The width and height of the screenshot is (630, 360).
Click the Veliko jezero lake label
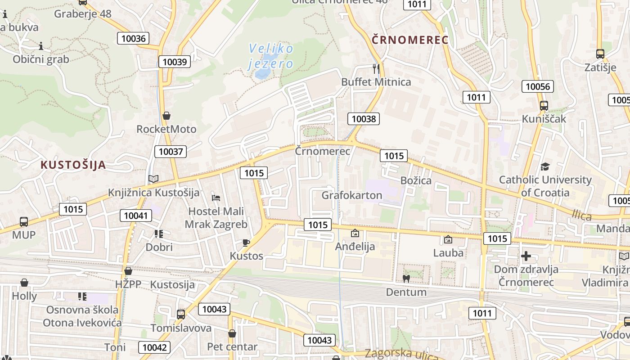tap(271, 55)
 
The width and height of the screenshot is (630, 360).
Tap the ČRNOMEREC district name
tap(410, 40)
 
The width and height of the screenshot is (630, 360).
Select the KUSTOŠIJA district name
tap(73, 164)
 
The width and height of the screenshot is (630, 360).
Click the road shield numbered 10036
tap(134, 38)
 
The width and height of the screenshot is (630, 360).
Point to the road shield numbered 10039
tap(175, 62)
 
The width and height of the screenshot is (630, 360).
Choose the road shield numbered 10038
tap(364, 119)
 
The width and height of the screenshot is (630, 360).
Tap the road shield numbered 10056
tap(538, 86)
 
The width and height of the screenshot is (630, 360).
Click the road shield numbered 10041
tap(135, 216)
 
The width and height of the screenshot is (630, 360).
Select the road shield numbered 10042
tap(154, 347)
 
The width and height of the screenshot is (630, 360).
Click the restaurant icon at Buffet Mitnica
tap(376, 68)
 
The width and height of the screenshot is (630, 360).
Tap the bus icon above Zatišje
tap(600, 54)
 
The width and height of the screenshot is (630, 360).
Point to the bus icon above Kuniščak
tap(544, 106)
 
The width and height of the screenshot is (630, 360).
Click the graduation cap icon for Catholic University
tap(545, 166)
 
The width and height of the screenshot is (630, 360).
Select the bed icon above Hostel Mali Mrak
tap(216, 198)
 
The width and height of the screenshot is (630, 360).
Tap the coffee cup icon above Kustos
tap(246, 243)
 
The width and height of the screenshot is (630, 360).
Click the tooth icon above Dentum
tap(406, 279)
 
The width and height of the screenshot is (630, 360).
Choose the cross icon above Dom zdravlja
tap(526, 256)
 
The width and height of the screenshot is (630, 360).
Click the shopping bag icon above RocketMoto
tap(166, 116)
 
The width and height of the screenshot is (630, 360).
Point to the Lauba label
tap(448, 253)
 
